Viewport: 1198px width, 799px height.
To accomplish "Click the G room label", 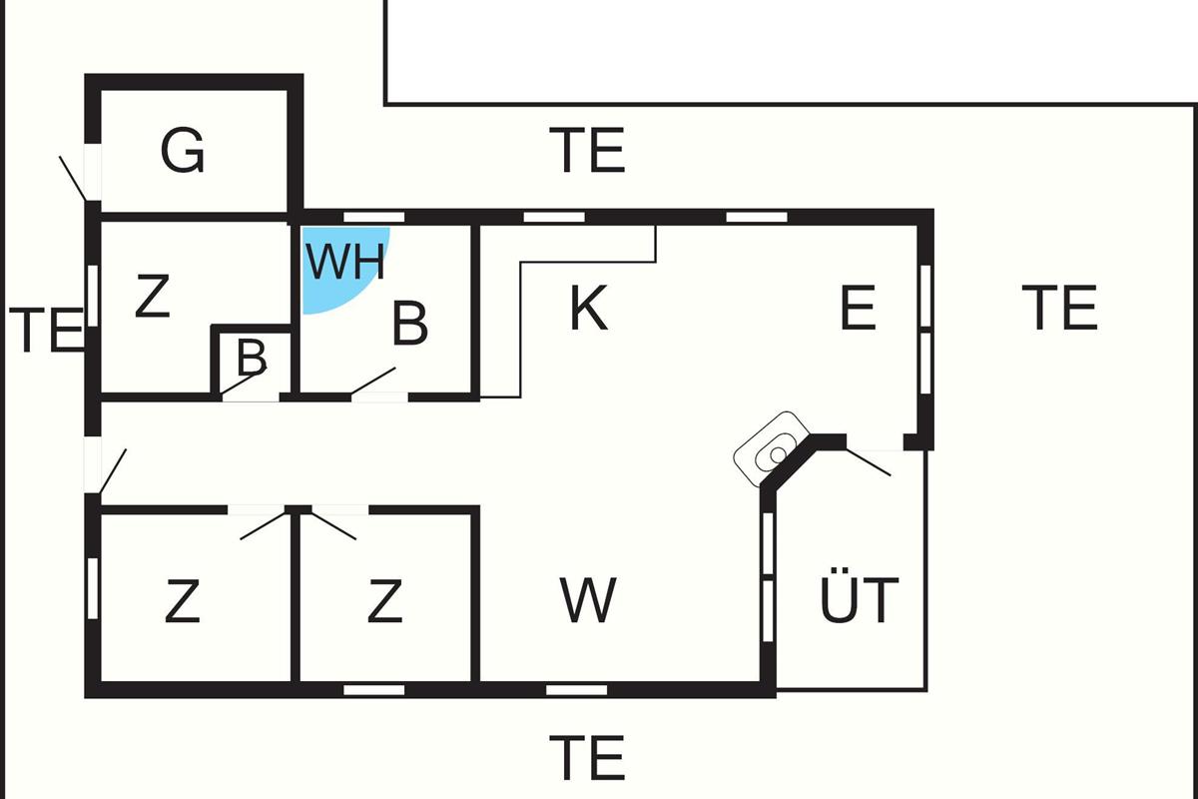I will pos(183,152).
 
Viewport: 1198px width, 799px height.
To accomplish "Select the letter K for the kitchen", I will pos(588,309).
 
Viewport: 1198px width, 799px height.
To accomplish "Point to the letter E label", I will pos(858,309).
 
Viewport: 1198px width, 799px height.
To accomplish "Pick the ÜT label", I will pos(860,599).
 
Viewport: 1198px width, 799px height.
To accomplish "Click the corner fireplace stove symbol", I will pos(772,448).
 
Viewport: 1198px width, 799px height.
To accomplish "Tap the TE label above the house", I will pos(588,151).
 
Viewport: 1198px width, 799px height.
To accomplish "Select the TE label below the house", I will pos(588,757).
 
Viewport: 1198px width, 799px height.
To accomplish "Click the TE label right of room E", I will pos(1060,308).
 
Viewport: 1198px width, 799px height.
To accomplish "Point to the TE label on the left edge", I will pos(46,331).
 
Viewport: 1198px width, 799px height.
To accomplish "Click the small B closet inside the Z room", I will pos(253,357).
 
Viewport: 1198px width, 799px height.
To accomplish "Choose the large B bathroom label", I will pos(410,323).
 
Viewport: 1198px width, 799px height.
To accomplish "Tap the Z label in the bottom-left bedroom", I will pos(182,601).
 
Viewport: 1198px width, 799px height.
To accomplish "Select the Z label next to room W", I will pos(384,601).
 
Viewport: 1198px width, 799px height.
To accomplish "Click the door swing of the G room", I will pos(73,177).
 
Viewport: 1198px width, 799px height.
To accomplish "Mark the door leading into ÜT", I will pos(867,460).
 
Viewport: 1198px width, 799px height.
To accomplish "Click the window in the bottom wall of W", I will pos(577,689).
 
